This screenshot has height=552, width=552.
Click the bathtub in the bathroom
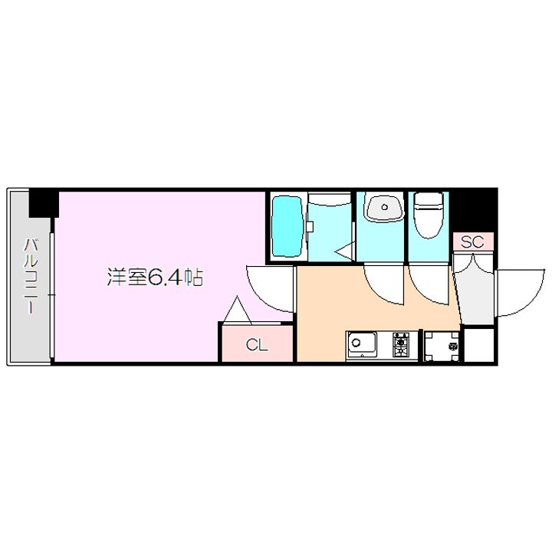[x=287, y=226]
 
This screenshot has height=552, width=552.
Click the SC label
[x=472, y=242]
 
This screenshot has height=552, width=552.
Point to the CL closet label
[x=257, y=345]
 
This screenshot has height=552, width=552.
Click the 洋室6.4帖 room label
[x=154, y=278]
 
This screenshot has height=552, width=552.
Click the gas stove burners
[x=402, y=344]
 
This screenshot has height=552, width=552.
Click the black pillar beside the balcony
[x=44, y=202]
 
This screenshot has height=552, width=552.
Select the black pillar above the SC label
[x=474, y=209]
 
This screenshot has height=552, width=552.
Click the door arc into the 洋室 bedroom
[x=270, y=289]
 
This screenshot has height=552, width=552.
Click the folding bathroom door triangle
[x=344, y=251]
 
